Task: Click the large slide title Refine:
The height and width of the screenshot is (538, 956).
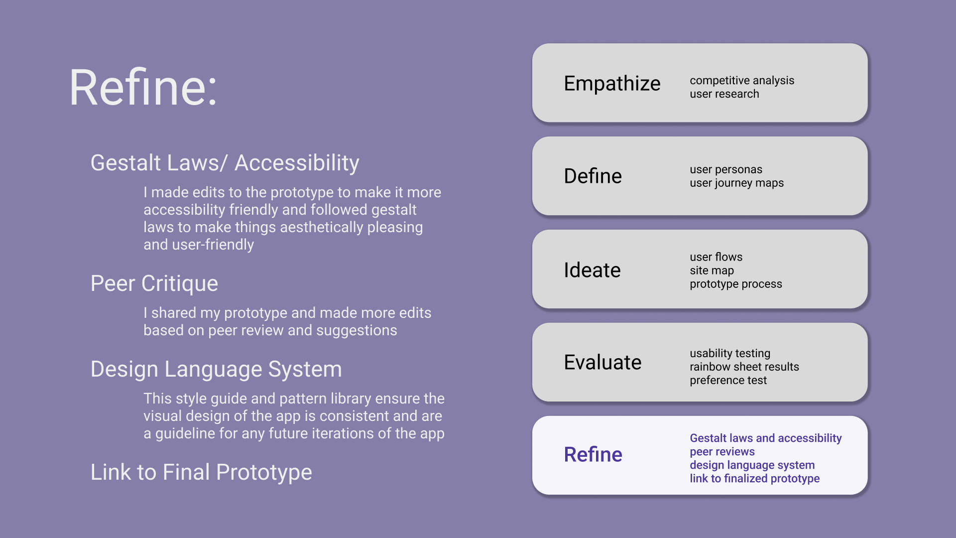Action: (143, 88)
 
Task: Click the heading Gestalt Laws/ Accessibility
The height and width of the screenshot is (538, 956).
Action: (225, 163)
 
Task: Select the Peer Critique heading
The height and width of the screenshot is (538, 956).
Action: (154, 284)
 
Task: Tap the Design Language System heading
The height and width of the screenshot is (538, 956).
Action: (216, 370)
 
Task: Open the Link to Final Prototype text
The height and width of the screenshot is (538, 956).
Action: (201, 472)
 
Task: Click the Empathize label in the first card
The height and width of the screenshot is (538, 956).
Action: (612, 84)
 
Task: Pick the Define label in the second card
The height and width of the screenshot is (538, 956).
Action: (593, 176)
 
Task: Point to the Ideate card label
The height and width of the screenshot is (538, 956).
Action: (592, 270)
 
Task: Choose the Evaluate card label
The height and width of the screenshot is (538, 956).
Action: (602, 362)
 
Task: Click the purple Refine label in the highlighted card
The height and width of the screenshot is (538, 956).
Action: (593, 454)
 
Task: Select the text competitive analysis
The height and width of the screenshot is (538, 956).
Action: (742, 81)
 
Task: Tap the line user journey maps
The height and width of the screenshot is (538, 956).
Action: (736, 183)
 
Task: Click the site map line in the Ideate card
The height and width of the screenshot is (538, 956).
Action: (712, 270)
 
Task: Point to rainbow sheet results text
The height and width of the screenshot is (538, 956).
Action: (744, 367)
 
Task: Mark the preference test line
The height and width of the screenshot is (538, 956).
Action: (728, 381)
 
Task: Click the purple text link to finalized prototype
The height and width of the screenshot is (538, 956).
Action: (754, 479)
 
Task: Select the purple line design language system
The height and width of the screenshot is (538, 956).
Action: (752, 465)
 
